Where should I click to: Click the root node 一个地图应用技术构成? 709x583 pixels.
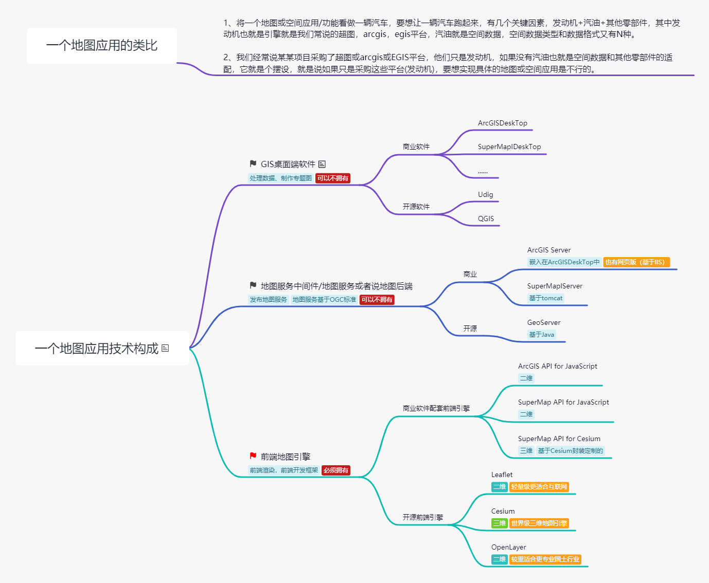tap(97, 349)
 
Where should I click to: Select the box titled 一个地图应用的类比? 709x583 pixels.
tap(102, 46)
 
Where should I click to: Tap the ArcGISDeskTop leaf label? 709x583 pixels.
tap(502, 123)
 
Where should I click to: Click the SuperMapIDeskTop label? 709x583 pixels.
tap(509, 147)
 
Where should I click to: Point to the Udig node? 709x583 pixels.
tap(485, 195)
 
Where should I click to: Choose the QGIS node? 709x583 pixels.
tap(486, 219)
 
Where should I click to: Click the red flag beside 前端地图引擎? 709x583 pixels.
tap(253, 456)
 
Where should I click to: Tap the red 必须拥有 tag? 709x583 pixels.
tap(336, 470)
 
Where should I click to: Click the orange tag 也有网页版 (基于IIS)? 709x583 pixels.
tap(636, 262)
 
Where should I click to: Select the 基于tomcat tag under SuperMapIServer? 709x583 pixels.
tap(545, 298)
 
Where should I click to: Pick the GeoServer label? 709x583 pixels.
tap(543, 323)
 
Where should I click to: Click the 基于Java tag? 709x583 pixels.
tap(541, 335)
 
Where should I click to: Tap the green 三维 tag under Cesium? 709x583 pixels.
tap(499, 523)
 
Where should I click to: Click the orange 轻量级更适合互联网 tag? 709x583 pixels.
tap(539, 487)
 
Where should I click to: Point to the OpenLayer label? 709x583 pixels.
tap(508, 548)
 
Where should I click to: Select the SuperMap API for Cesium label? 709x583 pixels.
tap(559, 439)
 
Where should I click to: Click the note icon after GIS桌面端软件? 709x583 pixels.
tap(322, 165)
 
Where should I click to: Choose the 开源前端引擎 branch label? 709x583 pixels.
tap(422, 518)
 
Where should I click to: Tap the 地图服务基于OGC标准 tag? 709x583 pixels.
tap(324, 300)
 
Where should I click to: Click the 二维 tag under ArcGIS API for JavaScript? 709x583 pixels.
tap(526, 378)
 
